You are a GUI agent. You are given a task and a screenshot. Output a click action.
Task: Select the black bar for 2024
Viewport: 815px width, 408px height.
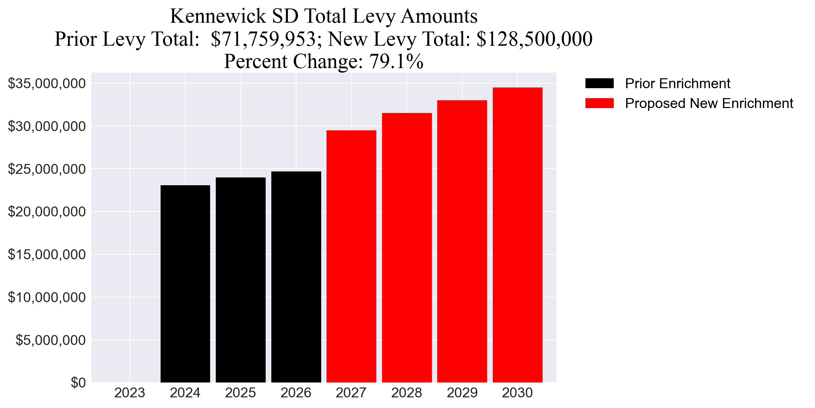coord(185,283)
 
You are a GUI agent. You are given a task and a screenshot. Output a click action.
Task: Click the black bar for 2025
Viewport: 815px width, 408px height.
coord(241,280)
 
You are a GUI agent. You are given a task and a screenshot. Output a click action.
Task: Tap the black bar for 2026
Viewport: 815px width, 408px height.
coord(296,276)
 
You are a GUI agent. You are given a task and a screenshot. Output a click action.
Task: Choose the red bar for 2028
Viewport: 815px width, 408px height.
coord(407,248)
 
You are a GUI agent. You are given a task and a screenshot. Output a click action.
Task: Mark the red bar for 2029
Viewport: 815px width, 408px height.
coord(462,241)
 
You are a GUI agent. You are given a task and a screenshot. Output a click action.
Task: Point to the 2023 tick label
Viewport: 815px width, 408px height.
coord(130,393)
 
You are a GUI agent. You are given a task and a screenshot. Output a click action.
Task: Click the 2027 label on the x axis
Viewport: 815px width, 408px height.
coord(351,393)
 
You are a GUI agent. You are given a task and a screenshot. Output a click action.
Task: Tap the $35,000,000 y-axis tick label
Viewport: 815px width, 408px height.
coord(47,84)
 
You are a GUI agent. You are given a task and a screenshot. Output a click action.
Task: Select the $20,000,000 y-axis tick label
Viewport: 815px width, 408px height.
coord(47,212)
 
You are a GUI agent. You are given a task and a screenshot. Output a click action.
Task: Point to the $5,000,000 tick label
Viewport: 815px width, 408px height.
coord(51,340)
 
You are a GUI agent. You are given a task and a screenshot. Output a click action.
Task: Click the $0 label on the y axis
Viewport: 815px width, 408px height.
coord(78,383)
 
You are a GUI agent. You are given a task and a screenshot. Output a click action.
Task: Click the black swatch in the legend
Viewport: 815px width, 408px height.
coord(599,84)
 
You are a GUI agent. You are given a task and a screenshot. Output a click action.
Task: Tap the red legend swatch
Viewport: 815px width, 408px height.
coord(599,103)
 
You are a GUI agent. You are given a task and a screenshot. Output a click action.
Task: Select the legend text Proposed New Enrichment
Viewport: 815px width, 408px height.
coord(709,103)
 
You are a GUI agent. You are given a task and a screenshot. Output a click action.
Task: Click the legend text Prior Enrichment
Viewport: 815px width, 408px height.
coord(677,84)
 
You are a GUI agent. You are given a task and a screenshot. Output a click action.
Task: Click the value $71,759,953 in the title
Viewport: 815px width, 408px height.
coord(263,39)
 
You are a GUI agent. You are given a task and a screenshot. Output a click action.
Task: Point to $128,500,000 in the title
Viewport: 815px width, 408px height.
coord(534,39)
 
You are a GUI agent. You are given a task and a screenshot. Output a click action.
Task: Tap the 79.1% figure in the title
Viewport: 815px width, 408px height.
coord(396,61)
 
